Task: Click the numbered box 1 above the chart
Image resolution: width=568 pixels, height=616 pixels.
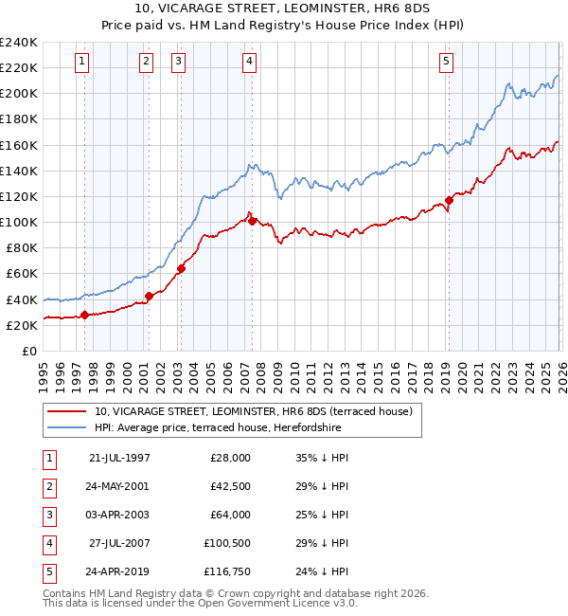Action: point(83,62)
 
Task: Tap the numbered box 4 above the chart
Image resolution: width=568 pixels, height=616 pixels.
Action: point(249,62)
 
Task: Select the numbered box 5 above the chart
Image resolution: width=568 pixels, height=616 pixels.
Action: point(446,62)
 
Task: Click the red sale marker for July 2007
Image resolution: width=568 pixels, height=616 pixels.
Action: point(252,221)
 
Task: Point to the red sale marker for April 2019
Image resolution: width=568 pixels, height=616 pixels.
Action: point(449,201)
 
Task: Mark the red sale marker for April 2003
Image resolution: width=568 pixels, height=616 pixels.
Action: point(180,268)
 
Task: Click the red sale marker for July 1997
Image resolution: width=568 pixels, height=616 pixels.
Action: point(84,315)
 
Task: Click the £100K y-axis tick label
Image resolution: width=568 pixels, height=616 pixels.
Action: point(18,222)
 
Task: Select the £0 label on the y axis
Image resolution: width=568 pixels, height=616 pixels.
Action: point(29,351)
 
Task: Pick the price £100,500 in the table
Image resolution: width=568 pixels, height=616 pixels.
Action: point(227,544)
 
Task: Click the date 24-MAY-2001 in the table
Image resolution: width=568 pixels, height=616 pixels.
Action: point(119,486)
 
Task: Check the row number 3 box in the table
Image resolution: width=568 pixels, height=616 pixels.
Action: point(46,516)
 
